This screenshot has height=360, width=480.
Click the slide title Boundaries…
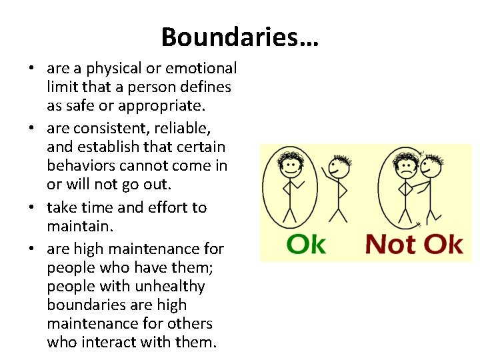(x=240, y=37)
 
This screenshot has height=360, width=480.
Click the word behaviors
(x=80, y=165)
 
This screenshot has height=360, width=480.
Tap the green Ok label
(x=306, y=244)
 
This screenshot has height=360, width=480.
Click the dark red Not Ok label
(x=413, y=244)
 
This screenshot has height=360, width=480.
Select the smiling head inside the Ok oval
(x=291, y=165)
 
